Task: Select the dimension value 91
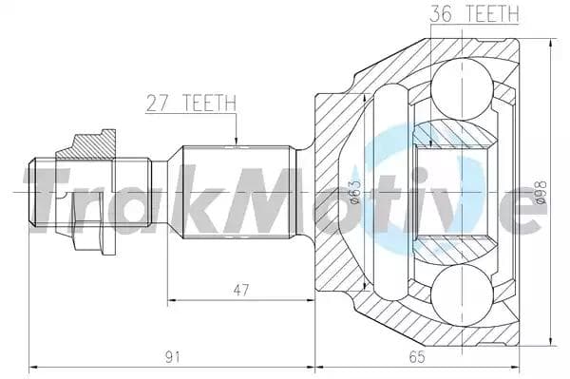pyautogui.click(x=172, y=357)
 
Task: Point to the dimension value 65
pyautogui.click(x=414, y=357)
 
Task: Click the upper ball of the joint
pyautogui.click(x=462, y=87)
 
